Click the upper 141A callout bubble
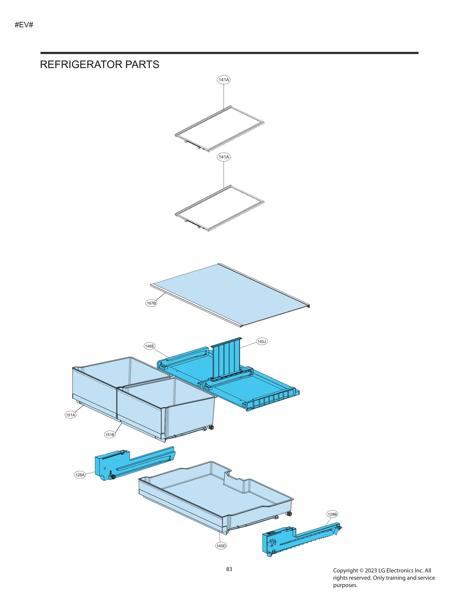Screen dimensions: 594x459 (223, 80)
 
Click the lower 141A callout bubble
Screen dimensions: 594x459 (223, 157)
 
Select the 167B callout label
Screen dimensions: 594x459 (151, 303)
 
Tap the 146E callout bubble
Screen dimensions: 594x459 (149, 346)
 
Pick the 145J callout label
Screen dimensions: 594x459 (261, 341)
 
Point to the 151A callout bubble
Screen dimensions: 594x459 (70, 415)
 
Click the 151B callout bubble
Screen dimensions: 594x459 (110, 435)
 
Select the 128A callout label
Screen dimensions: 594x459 (80, 475)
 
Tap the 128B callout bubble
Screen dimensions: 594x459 (332, 514)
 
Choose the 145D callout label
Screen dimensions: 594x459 (221, 546)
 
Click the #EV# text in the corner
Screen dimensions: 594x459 (24, 25)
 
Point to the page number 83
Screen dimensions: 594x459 (229, 569)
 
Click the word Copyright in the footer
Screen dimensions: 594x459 (345, 570)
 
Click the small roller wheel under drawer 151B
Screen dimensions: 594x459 (212, 428)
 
